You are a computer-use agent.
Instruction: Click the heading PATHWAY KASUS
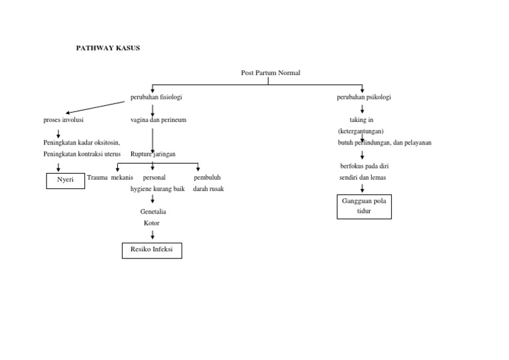(108, 48)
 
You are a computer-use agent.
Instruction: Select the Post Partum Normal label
(270, 72)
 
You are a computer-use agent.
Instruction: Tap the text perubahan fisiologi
(156, 97)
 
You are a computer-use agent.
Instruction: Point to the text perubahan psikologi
(364, 97)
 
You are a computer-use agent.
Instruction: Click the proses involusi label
(64, 120)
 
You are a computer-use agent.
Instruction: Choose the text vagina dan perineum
(158, 120)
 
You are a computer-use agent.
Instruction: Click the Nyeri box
(66, 180)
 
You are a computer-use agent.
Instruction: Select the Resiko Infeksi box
(152, 250)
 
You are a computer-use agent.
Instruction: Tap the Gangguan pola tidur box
(364, 206)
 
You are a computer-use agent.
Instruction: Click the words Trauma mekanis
(110, 178)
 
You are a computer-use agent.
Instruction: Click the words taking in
(362, 120)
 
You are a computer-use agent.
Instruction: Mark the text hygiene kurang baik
(157, 189)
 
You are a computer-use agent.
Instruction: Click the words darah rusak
(208, 189)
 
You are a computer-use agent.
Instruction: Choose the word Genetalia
(153, 211)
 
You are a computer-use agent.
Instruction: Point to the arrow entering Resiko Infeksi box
(152, 235)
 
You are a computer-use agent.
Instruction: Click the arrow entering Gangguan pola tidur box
(362, 188)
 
